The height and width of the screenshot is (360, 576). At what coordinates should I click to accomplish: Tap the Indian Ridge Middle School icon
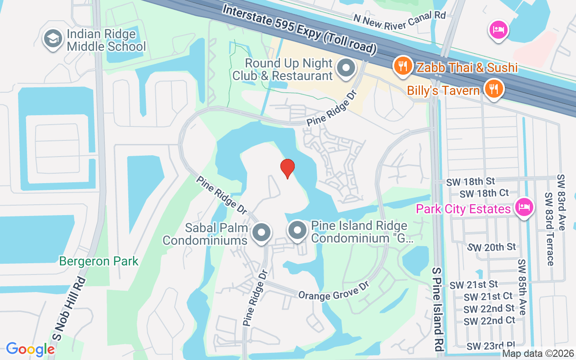tap(53, 39)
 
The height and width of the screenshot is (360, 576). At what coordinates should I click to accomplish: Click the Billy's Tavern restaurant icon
tap(494, 89)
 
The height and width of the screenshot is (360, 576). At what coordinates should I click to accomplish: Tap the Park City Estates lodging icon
tap(524, 208)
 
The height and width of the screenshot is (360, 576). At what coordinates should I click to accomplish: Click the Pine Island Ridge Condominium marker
tap(297, 231)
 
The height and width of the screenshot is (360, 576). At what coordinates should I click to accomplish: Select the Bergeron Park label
tap(99, 261)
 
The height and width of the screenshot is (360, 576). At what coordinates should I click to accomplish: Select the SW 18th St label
tap(471, 182)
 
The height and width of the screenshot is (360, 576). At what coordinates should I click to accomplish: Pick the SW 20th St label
tap(492, 247)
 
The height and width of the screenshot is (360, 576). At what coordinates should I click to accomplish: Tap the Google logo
tap(31, 349)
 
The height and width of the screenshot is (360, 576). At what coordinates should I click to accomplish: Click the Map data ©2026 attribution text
tap(538, 354)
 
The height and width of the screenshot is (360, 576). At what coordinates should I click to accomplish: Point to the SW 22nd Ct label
tap(490, 321)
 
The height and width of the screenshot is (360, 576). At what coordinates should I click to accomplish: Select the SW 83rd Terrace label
tap(549, 229)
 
